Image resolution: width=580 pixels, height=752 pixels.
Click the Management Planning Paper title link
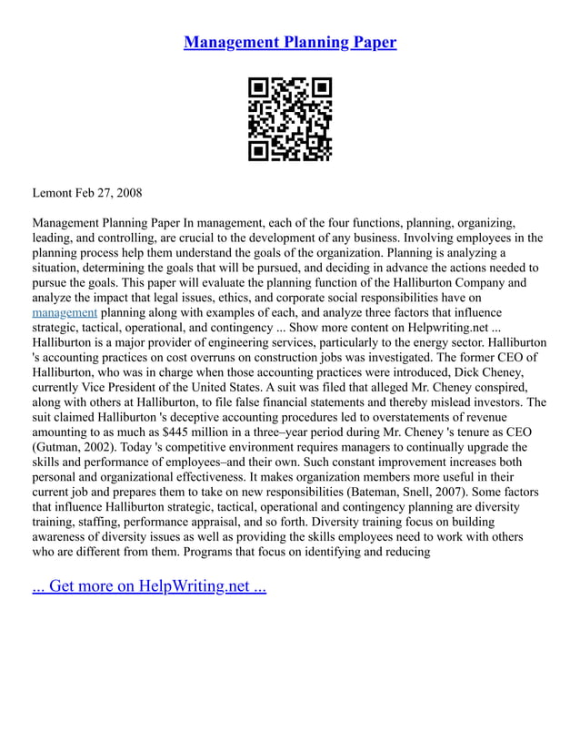(x=290, y=42)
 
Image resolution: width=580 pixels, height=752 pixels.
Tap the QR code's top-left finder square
(x=259, y=88)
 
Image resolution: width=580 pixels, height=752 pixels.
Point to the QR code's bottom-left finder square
(x=259, y=150)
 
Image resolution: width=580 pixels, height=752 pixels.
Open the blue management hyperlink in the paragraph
(x=65, y=312)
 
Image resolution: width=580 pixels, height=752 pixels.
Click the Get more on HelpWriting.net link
(x=149, y=585)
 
